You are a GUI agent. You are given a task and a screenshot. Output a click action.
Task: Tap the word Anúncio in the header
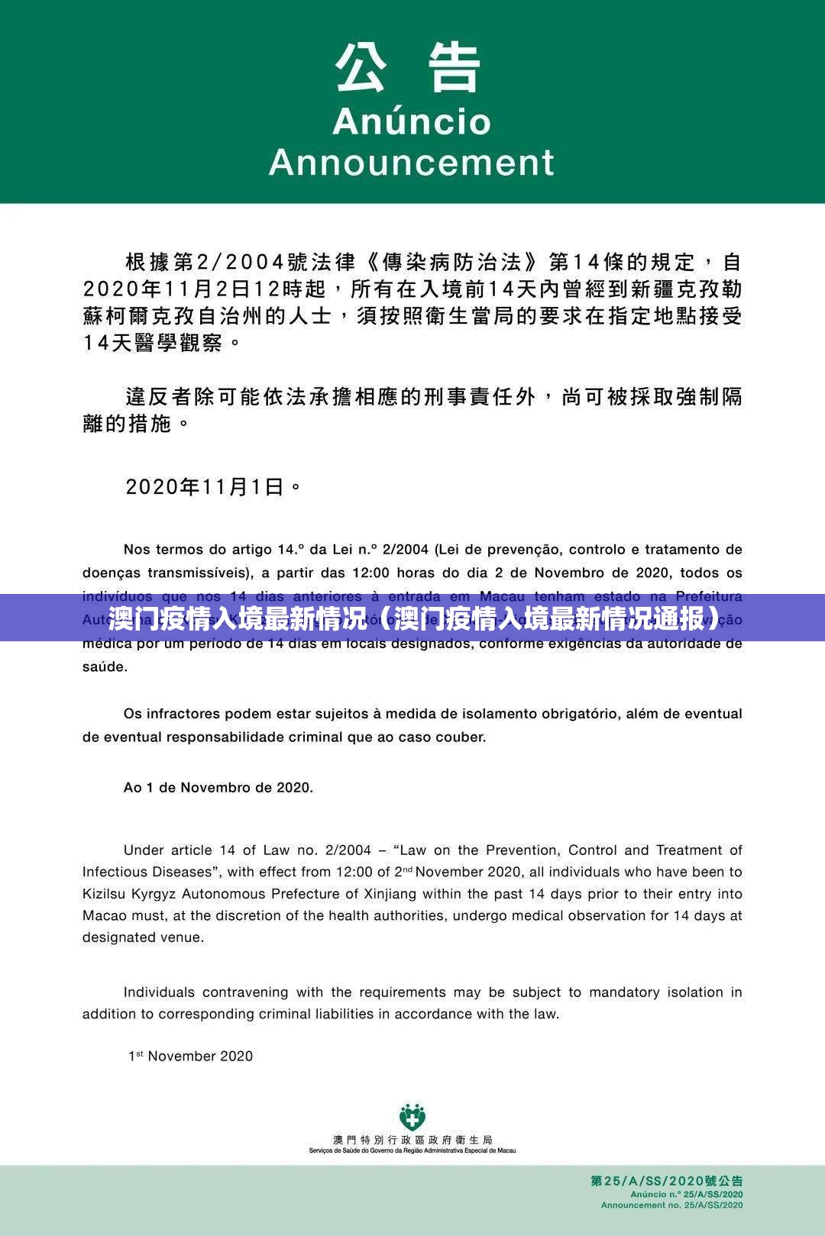[411, 122]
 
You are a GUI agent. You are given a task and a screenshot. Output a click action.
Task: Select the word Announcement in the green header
[411, 163]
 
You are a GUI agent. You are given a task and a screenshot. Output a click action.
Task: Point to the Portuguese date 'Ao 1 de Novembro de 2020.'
[218, 787]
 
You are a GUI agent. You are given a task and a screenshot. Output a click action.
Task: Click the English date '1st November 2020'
[190, 1056]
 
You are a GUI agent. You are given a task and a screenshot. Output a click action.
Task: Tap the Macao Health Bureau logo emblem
[412, 1118]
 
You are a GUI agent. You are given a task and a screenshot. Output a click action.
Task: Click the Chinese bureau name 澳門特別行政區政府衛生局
[412, 1140]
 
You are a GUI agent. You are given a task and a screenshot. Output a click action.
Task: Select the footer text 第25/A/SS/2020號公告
[666, 1181]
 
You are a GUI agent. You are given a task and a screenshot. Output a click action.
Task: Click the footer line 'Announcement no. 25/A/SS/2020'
[671, 1205]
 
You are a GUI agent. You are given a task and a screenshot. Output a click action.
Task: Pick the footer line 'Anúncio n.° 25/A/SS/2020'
[686, 1194]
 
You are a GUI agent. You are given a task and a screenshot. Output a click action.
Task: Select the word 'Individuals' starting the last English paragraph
[159, 992]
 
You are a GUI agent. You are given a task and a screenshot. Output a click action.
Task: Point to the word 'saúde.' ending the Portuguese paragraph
[105, 666]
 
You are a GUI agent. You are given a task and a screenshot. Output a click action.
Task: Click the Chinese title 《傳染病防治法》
[455, 263]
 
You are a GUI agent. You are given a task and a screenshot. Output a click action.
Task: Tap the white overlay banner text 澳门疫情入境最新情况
[236, 618]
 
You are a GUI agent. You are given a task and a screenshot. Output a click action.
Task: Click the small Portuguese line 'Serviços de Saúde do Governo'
[412, 1150]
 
